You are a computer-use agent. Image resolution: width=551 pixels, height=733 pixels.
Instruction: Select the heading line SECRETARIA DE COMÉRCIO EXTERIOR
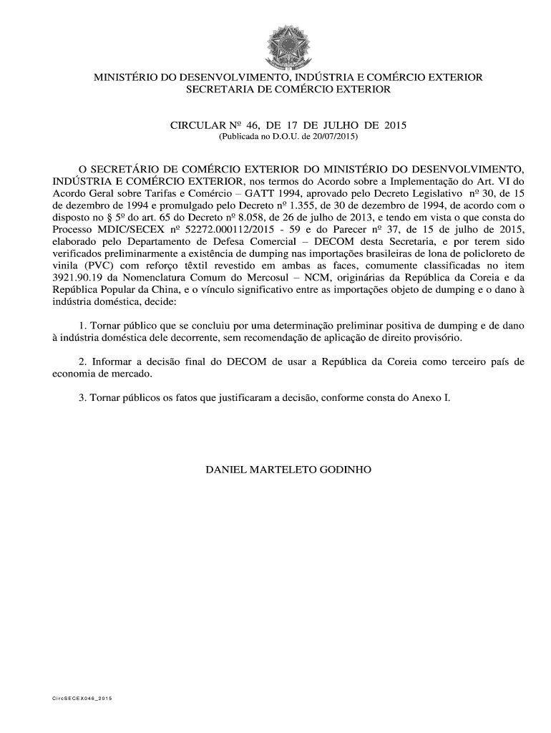click(x=288, y=89)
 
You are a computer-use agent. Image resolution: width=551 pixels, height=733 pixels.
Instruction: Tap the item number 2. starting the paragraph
click(x=83, y=361)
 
